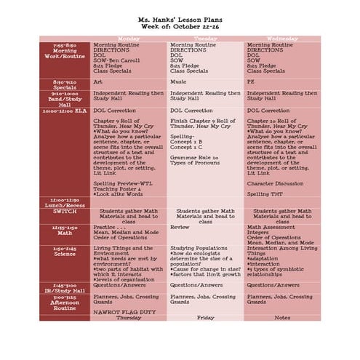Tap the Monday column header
[129, 38]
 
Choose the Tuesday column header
[206, 38]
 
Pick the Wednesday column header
[282, 38]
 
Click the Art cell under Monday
[98, 82]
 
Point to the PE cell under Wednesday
[252, 82]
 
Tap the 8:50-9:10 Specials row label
[65, 84]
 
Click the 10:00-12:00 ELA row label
[65, 112]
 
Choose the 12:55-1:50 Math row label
[65, 230]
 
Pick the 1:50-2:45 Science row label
[65, 251]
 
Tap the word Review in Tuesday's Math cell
[180, 227]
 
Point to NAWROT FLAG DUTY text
[121, 311]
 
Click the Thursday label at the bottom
[129, 318]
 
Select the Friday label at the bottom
[206, 318]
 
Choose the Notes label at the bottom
[282, 318]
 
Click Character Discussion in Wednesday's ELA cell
[276, 183]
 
